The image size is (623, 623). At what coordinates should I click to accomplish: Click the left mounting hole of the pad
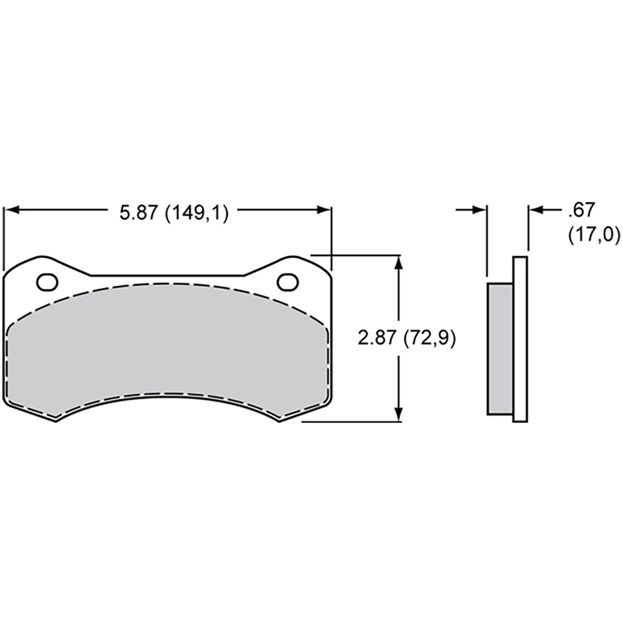47,282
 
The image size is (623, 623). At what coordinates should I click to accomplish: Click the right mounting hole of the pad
288,282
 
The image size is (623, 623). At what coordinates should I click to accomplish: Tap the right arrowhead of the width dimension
323,210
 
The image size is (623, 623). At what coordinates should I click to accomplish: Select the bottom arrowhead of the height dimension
399,413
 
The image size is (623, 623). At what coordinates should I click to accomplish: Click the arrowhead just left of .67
536,210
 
